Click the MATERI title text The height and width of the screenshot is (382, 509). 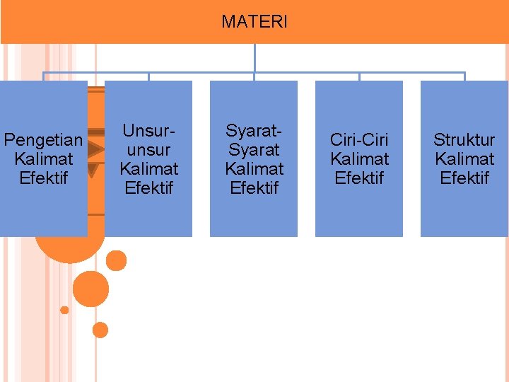pos(255,22)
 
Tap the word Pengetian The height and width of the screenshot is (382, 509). pos(44,140)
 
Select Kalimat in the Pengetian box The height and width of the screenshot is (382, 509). pos(44,158)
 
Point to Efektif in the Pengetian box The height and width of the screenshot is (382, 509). pos(44,178)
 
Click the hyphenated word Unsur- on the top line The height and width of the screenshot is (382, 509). pos(148,131)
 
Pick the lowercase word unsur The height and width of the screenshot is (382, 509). pos(148,150)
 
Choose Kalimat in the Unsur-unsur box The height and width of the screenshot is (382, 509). pos(148,168)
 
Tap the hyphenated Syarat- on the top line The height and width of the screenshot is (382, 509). pos(254,131)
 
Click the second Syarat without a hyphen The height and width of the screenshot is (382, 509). pos(254,150)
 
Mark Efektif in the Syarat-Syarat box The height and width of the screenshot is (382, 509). pos(254,187)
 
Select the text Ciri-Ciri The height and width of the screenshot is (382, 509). pos(359,140)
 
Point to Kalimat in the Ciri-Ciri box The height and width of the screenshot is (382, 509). pos(359,158)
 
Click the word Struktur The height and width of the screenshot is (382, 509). pos(464,140)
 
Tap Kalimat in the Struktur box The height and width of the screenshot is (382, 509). pos(464,158)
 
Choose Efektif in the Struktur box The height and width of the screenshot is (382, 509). pos(464,178)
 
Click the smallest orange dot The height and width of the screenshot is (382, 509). pos(64,310)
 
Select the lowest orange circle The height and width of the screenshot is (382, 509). pos(100,330)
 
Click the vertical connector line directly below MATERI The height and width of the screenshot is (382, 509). pos(255,58)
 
